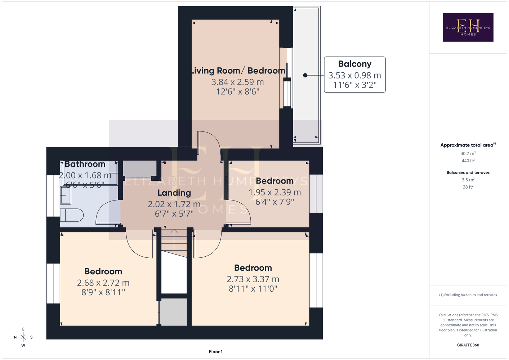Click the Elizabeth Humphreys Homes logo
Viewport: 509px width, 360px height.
tap(468, 27)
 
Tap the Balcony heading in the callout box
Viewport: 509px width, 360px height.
tap(355, 64)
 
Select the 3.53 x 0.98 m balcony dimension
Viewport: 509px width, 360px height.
tap(355, 75)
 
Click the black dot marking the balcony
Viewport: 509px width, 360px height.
tap(305, 75)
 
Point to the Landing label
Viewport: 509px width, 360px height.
tap(174, 193)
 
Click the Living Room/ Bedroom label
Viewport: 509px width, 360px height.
tap(238, 71)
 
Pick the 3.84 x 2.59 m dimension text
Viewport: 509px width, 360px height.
tap(238, 82)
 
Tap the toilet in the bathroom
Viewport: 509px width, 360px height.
tap(72, 215)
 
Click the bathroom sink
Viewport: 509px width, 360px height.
tap(66, 195)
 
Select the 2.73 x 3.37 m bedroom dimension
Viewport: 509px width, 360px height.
tap(253, 279)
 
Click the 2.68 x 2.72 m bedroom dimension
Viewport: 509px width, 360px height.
tap(103, 283)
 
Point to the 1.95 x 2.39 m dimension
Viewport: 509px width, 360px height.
tap(275, 192)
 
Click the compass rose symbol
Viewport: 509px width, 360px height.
tap(23, 337)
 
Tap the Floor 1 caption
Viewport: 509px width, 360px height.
tap(216, 352)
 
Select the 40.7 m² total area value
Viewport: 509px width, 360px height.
tap(468, 153)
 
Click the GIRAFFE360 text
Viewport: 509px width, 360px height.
tap(468, 345)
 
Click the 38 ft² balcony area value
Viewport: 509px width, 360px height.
tap(468, 187)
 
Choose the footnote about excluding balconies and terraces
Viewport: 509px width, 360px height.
tap(468, 295)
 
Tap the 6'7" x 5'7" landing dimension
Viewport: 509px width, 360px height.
tap(174, 214)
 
